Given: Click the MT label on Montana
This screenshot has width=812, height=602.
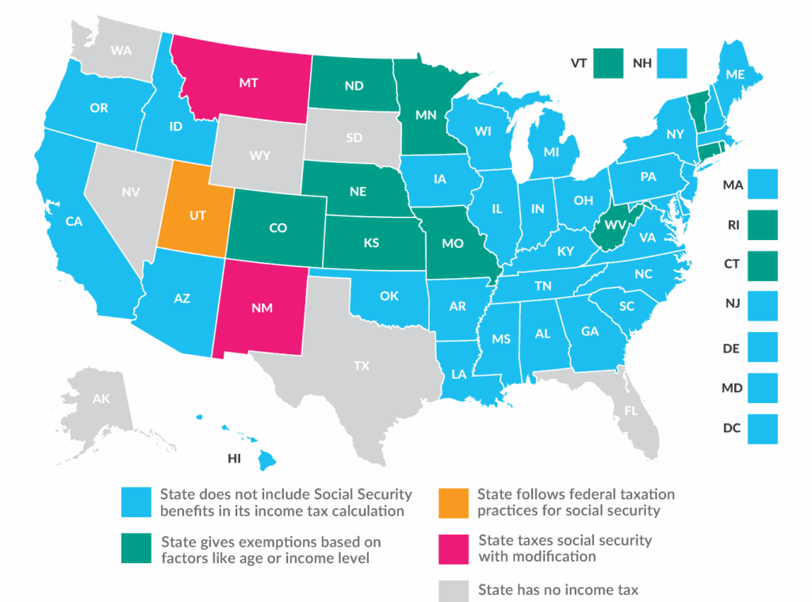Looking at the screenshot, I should tap(247, 82).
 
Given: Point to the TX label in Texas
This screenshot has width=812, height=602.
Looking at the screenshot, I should tap(361, 365).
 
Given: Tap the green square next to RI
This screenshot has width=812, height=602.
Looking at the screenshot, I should tap(763, 224).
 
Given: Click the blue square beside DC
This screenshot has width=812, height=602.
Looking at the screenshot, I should tap(763, 429).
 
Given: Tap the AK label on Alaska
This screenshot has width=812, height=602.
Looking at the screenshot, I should tap(101, 398).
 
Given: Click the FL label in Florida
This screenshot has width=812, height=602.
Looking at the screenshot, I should tap(630, 411).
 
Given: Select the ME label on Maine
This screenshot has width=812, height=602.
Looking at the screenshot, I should tap(733, 74).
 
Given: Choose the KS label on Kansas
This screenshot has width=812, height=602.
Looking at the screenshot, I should tap(370, 243).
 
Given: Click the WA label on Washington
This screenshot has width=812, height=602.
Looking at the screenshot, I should tap(121, 51).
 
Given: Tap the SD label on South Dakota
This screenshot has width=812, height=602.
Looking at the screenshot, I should tap(354, 137).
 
